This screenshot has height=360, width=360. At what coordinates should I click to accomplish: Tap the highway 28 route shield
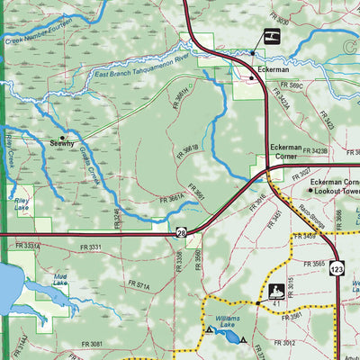tap(182, 233)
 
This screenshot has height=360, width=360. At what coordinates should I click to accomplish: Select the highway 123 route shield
tap(336, 268)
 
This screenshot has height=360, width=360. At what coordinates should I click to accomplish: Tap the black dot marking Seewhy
tap(62, 136)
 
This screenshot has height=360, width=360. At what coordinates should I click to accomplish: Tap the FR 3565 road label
tap(314, 264)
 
